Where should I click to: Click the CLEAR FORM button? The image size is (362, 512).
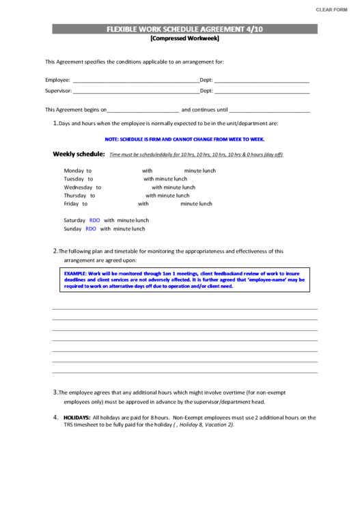(332, 9)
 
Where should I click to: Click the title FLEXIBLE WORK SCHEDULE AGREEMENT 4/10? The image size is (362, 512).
(184, 29)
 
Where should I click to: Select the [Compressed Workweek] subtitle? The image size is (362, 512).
(184, 38)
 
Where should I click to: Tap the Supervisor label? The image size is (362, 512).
(58, 90)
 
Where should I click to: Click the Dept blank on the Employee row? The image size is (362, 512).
(262, 80)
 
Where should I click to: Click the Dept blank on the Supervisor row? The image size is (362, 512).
(262, 90)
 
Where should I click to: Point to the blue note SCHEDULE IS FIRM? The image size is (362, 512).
(184, 139)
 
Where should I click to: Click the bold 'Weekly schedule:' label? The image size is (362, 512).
(79, 154)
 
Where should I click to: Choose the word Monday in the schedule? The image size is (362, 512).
(74, 170)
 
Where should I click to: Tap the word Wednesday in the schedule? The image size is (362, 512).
(78, 187)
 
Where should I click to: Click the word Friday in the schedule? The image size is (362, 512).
(71, 203)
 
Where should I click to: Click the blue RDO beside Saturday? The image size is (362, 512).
(94, 220)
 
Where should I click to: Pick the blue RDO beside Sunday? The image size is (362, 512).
(91, 229)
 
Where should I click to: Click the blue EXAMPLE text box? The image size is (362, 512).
(184, 280)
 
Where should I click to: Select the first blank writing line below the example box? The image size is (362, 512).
(184, 309)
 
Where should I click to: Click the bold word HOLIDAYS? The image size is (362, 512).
(76, 416)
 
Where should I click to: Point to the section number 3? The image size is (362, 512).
(55, 392)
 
